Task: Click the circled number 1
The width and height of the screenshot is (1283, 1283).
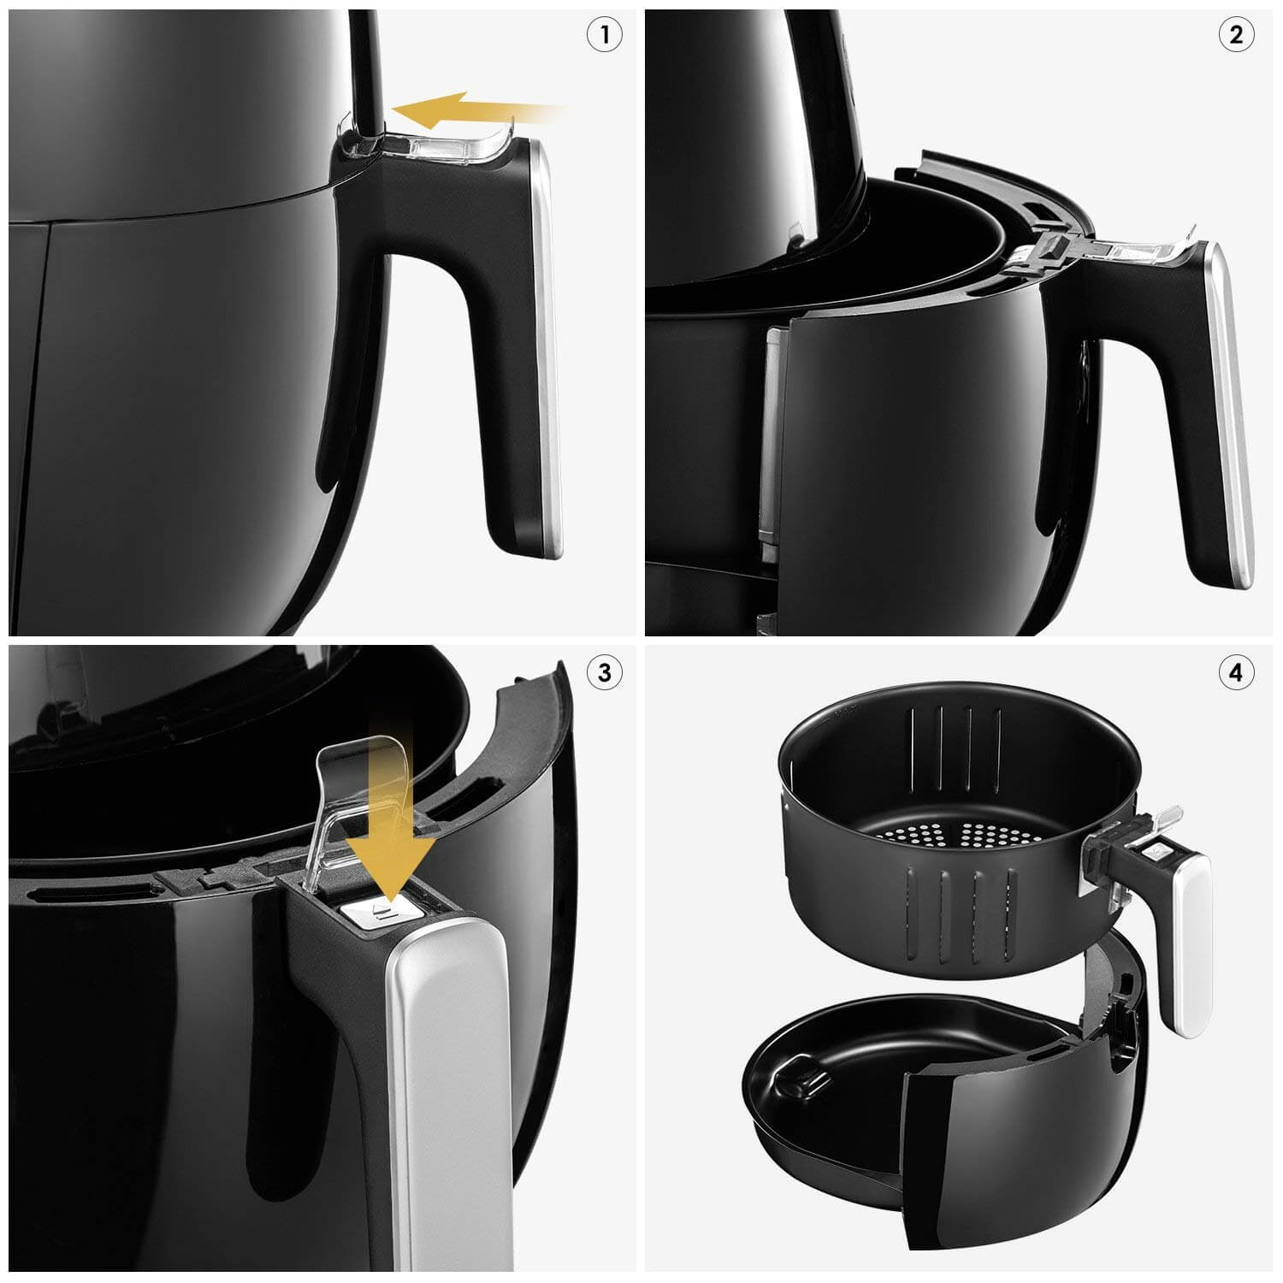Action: (x=606, y=35)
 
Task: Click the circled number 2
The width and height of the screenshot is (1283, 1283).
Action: (x=1236, y=35)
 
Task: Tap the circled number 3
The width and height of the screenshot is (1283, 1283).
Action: (x=605, y=672)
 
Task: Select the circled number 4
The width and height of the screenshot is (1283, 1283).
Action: (x=1236, y=672)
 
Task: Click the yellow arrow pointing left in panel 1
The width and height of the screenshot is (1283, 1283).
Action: (x=483, y=110)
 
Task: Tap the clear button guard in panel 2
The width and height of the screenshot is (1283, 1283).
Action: (x=1112, y=252)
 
